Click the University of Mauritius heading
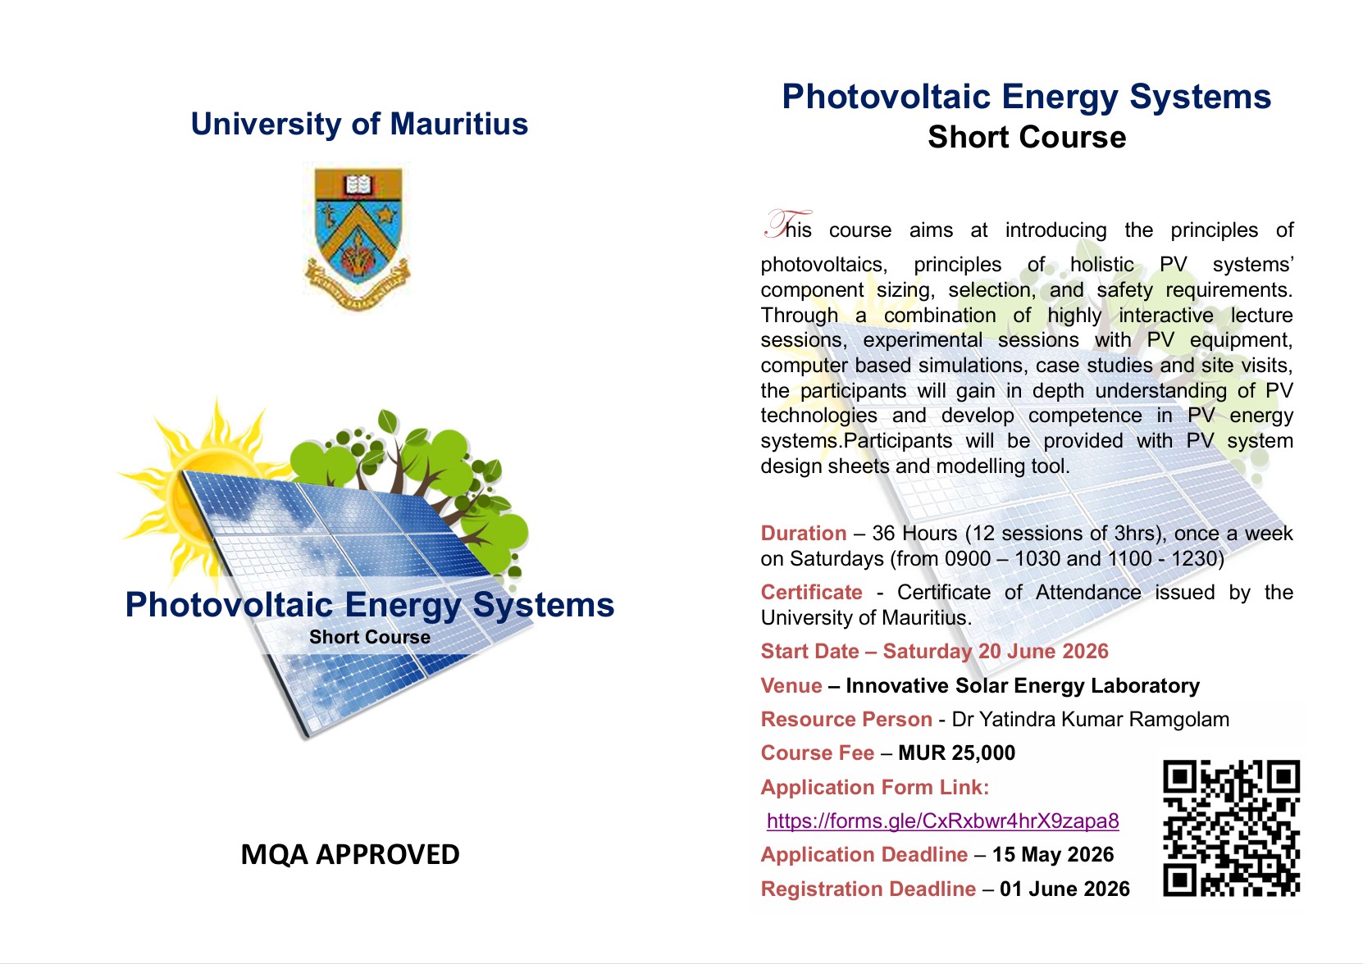point(359,125)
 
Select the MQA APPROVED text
point(350,854)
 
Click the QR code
point(1231,828)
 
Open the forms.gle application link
point(942,821)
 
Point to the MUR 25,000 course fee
point(956,753)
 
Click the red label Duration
point(803,533)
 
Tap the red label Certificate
point(811,592)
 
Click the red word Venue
point(791,685)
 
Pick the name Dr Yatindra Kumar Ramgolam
point(1090,719)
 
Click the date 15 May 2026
point(1052,854)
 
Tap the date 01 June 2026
point(1064,889)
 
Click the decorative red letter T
point(782,224)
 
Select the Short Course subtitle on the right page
point(1026,137)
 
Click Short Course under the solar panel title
point(369,637)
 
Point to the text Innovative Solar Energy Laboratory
point(1022,685)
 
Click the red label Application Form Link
point(874,787)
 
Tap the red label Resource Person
point(846,719)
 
